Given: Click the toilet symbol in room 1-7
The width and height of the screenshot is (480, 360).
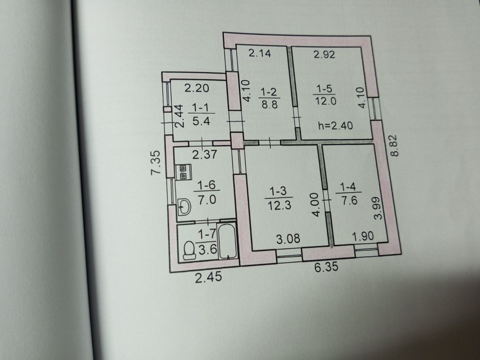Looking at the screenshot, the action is [189, 250].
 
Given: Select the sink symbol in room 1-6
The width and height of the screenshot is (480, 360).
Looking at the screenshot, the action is [184, 207].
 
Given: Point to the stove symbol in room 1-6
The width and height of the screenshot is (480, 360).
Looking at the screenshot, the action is [183, 172].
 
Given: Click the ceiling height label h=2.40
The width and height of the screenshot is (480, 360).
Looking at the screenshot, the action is [335, 125].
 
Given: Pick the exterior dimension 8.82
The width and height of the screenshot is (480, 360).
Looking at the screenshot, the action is [395, 146].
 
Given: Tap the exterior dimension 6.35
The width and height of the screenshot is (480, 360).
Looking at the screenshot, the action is [327, 267].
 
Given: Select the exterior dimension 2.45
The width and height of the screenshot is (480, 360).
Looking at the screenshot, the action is [208, 277].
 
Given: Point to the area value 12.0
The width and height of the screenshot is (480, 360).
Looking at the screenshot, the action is [326, 101].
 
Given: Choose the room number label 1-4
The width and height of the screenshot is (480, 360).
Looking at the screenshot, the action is [349, 186].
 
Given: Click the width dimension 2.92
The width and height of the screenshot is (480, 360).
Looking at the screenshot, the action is [325, 55].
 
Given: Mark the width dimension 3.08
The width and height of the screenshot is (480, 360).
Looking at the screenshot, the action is [288, 239].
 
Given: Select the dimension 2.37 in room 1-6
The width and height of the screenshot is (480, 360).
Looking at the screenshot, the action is [204, 154].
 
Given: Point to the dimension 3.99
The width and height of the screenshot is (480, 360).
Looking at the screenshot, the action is [378, 208].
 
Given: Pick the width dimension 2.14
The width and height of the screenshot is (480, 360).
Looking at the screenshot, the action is [260, 53].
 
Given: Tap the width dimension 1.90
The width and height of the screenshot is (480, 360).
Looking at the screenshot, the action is [363, 236].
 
